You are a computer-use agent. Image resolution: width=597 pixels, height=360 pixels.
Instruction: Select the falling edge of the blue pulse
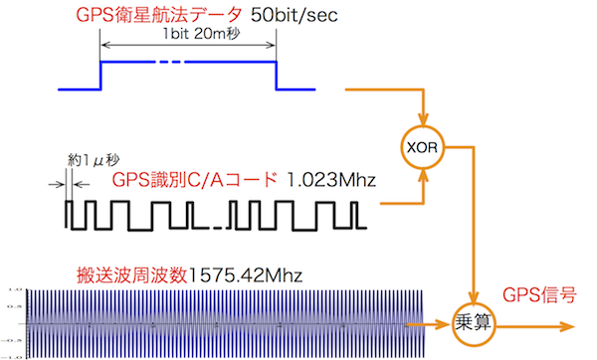pyautogui.click(x=276, y=75)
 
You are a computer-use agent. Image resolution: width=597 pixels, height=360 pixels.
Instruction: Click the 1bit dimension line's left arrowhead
pyautogui.click(x=104, y=45)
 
